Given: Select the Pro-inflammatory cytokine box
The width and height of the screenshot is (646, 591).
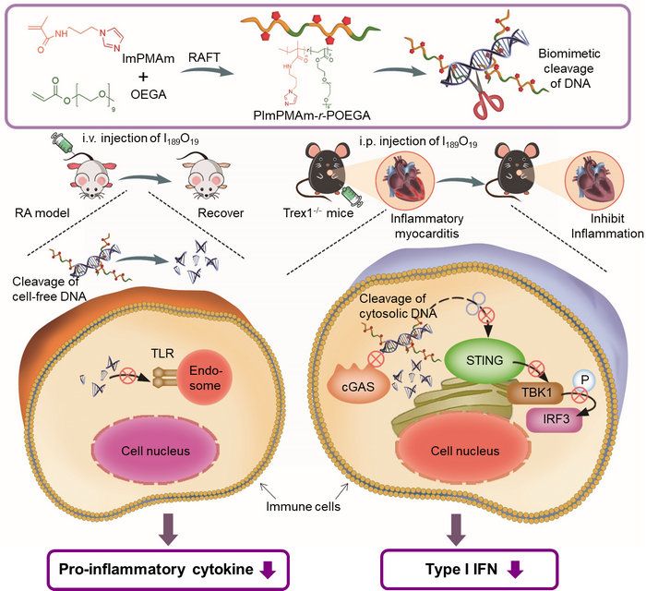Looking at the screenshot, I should click(x=170, y=566).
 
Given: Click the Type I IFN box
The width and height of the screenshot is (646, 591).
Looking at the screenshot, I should click(x=459, y=566).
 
